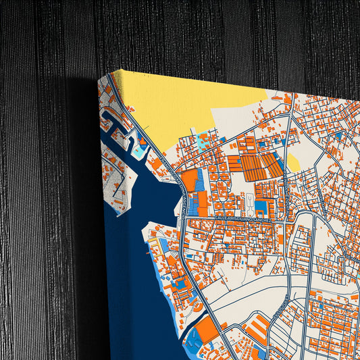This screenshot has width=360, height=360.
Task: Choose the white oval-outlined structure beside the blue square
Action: coord(249,205)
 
